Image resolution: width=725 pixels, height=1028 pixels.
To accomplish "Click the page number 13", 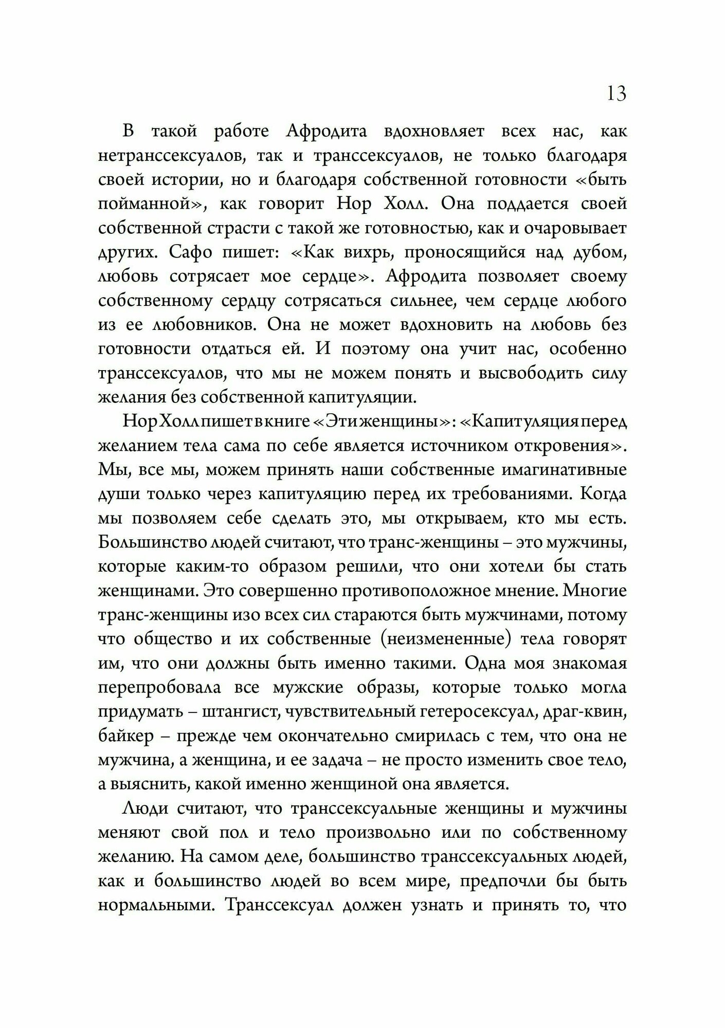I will [x=617, y=94].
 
